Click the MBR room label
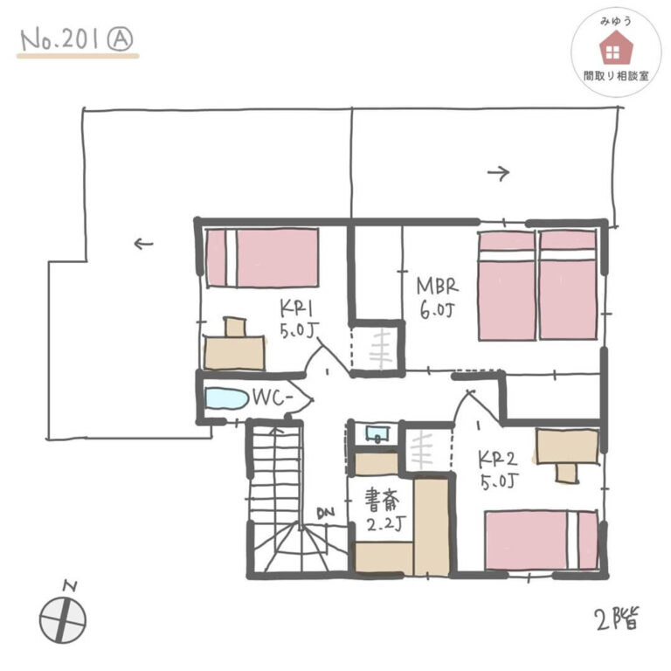click(438, 287)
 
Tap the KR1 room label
click(297, 308)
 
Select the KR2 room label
click(498, 460)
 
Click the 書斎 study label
click(382, 501)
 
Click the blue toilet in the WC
click(227, 398)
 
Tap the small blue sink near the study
click(377, 433)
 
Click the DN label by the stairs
click(326, 512)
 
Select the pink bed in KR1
click(262, 258)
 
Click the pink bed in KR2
click(542, 540)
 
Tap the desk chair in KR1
click(235, 328)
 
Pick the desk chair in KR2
click(567, 473)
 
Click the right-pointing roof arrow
click(499, 173)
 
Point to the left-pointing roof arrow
click(144, 244)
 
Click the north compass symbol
click(63, 615)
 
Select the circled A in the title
click(120, 40)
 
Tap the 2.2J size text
click(385, 524)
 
